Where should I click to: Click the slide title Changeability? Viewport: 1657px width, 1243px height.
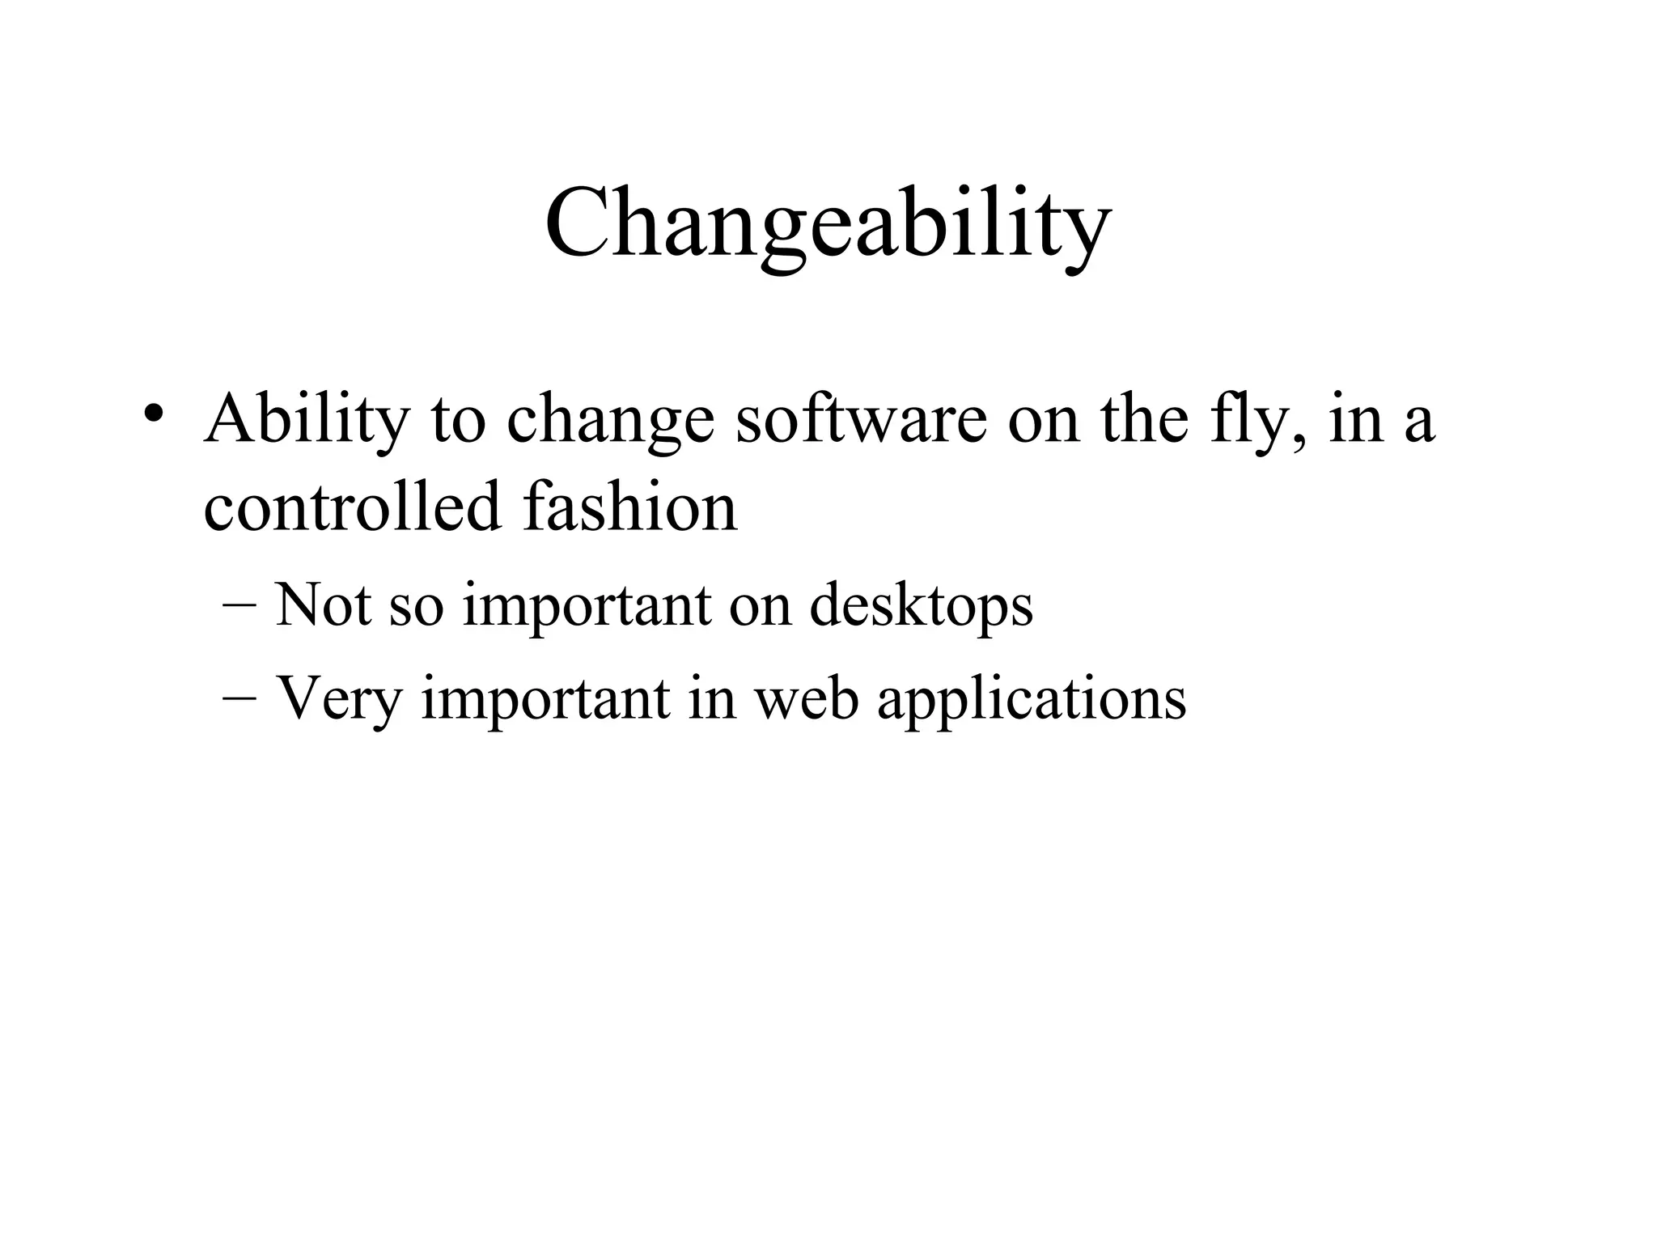(x=827, y=223)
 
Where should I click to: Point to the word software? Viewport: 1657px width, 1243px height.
(x=861, y=419)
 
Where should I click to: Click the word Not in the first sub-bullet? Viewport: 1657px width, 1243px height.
(x=323, y=605)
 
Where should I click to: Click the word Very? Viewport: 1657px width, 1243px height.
(x=339, y=698)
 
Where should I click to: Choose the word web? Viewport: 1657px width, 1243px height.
(x=806, y=698)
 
